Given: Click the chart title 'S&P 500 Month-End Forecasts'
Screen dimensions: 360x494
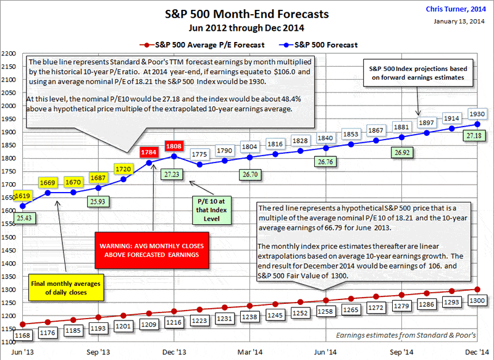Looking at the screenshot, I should click(247, 13).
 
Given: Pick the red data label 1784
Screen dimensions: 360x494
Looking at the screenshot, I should click(149, 151).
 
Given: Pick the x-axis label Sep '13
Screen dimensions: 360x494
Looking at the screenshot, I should click(98, 351).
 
